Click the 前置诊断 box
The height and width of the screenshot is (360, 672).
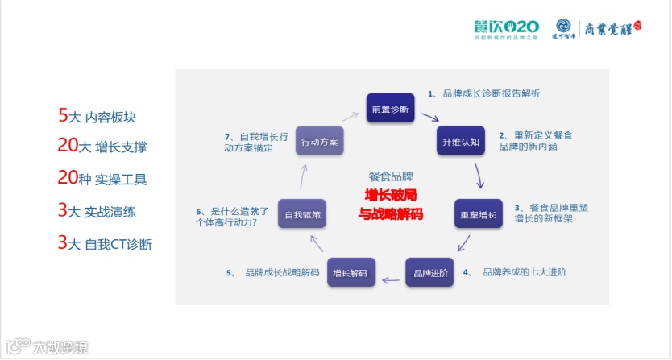pos(390,108)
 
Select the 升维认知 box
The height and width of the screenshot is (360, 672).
pos(461,142)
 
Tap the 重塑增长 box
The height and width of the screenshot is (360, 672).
pos(478,215)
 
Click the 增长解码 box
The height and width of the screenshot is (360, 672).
pos(351,273)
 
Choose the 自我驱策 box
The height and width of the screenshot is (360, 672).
pos(301,215)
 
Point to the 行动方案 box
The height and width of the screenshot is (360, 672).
pos(319,142)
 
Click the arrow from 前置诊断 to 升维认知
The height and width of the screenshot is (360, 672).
pos(429,118)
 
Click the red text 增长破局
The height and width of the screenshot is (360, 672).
pos(392,195)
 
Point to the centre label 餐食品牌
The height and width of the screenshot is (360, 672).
pos(391,176)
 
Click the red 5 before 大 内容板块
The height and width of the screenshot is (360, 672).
pos(62,115)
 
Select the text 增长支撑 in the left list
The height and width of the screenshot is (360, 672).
pos(121,147)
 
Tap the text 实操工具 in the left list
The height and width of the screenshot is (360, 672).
pos(121,179)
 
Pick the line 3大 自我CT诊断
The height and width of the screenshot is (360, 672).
pos(106,242)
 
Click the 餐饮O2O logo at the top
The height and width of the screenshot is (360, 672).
pos(505,29)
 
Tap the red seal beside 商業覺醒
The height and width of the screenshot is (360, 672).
pos(636,26)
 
